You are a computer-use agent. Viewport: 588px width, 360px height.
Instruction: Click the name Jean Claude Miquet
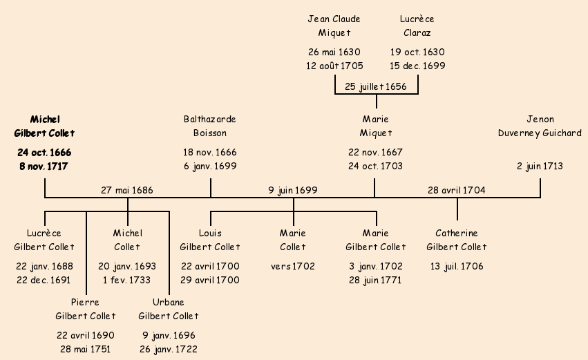click(334, 26)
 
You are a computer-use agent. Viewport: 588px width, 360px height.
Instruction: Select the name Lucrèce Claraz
click(417, 26)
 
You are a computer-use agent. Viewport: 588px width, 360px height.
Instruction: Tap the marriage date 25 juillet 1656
click(375, 86)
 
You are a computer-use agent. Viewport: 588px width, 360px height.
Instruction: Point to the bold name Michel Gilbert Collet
click(44, 126)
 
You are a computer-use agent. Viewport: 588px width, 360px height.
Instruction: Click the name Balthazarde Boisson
click(210, 126)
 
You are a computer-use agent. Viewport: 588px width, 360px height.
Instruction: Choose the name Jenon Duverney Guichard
click(540, 126)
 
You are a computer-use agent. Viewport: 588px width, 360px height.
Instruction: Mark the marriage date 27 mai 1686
click(127, 189)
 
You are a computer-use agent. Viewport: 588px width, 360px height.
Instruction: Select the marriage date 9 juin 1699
click(293, 189)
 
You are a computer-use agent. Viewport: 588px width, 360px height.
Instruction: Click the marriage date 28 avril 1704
click(457, 189)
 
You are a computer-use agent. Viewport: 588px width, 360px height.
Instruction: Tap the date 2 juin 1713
click(540, 166)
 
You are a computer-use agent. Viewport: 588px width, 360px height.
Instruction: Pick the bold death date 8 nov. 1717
click(44, 166)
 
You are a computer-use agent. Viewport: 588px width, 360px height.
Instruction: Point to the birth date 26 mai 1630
click(334, 52)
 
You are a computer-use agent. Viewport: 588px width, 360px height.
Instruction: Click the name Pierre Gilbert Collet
click(86, 309)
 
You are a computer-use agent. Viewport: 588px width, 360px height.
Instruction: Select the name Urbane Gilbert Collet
click(169, 309)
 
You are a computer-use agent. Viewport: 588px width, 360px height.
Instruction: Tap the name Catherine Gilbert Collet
click(457, 240)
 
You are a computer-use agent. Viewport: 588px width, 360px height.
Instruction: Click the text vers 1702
click(293, 266)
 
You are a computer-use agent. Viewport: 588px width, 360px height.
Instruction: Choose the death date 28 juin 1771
click(376, 280)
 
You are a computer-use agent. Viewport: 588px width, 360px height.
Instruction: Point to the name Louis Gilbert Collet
click(210, 240)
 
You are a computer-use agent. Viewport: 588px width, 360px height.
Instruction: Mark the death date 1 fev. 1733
click(127, 280)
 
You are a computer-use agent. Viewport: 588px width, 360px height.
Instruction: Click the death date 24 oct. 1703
click(376, 166)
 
